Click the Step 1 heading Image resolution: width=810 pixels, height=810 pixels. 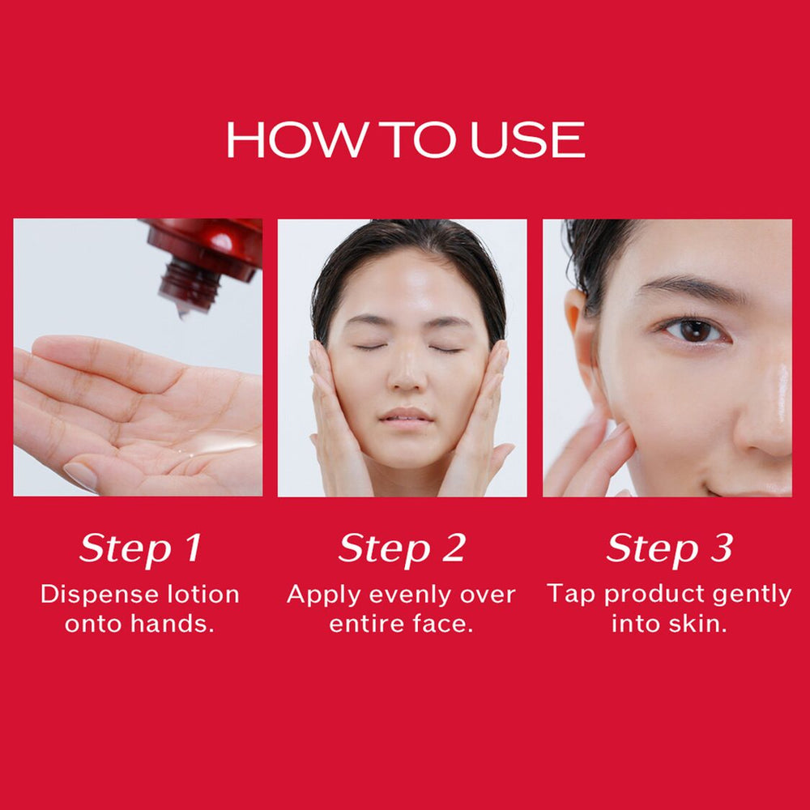pyautogui.click(x=139, y=548)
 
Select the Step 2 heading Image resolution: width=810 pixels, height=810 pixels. pyautogui.click(x=402, y=548)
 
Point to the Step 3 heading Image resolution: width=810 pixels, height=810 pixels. pyautogui.click(x=669, y=548)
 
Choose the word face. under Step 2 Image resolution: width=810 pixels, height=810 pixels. pyautogui.click(x=445, y=625)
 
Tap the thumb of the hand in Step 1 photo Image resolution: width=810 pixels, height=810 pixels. pyautogui.click(x=89, y=474)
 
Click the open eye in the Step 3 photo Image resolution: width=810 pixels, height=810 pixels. pyautogui.click(x=694, y=330)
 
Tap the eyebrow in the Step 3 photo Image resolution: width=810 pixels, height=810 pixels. pyautogui.click(x=688, y=288)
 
